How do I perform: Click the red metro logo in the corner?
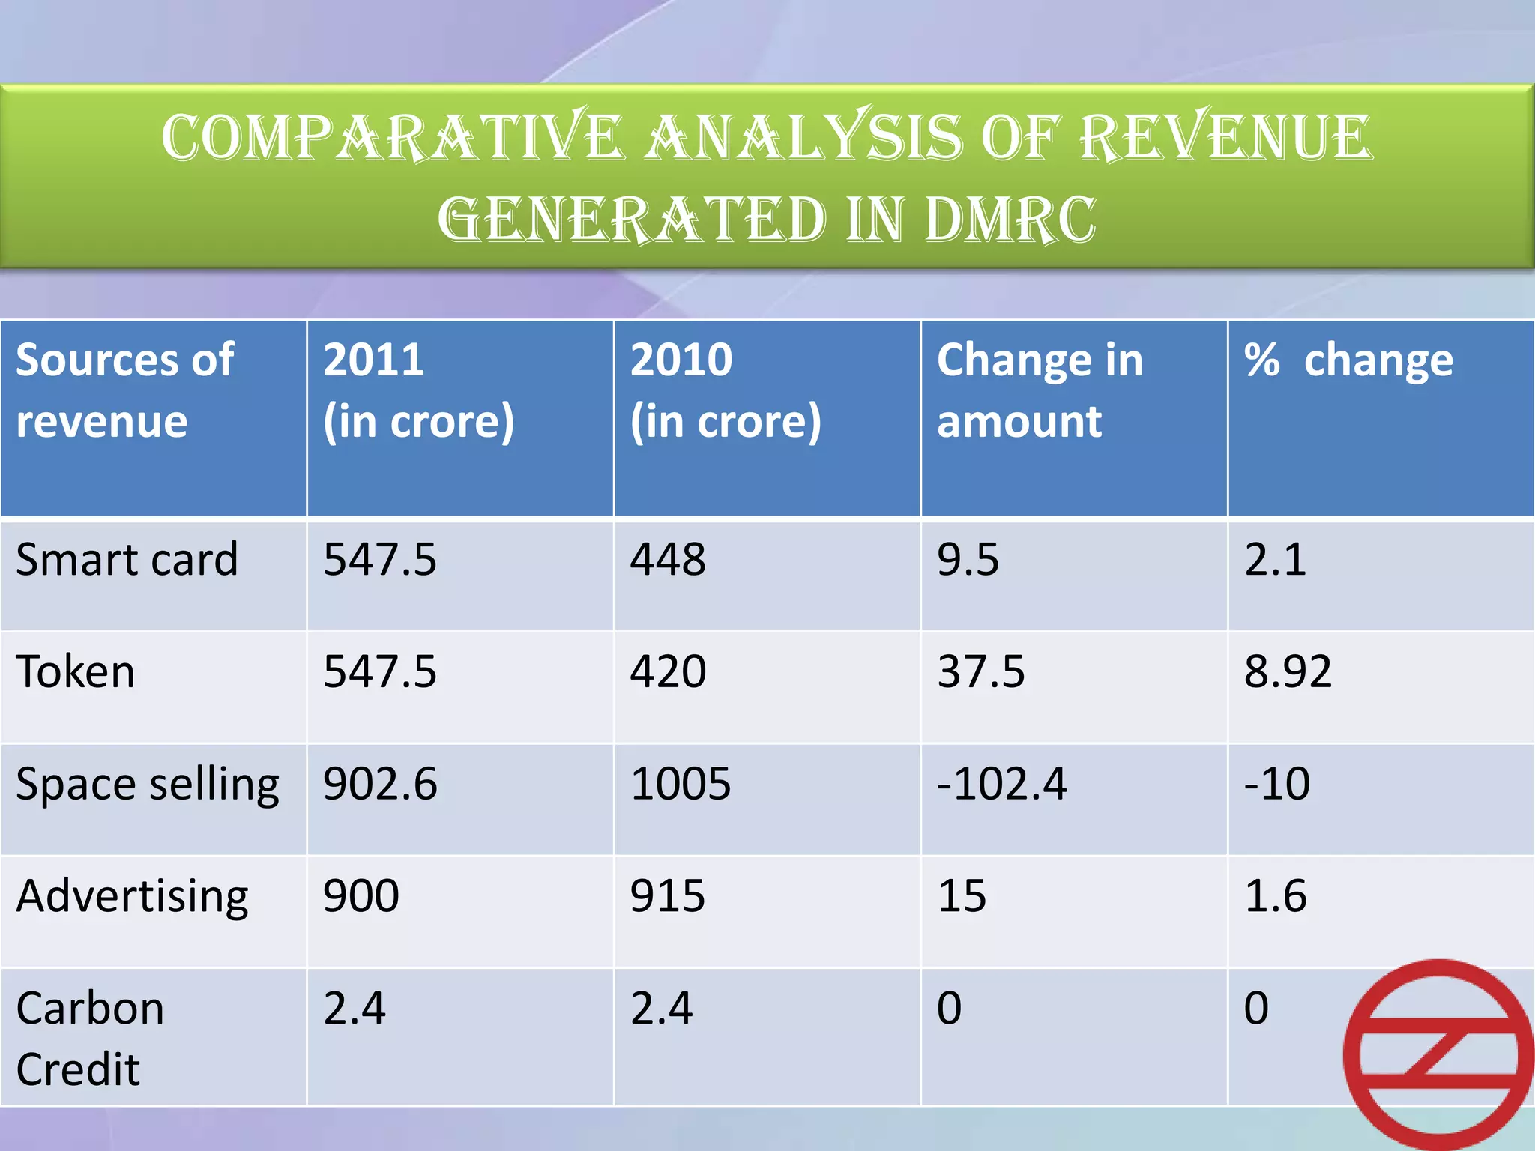pos(1438,1055)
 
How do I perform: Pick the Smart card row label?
pos(127,560)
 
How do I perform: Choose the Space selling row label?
pos(147,785)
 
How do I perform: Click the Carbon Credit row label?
pos(90,1038)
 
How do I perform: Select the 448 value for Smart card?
pos(667,560)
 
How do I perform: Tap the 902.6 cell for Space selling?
pos(380,785)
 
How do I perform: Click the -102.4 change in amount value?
pos(1001,785)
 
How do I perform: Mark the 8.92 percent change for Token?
pos(1287,671)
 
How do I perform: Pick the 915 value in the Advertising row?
pos(667,896)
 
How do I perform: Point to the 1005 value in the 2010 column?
pos(680,785)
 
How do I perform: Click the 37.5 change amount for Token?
pos(980,671)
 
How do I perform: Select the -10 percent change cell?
pos(1276,785)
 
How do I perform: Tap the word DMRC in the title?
pos(1009,220)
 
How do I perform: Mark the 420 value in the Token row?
pos(667,671)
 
